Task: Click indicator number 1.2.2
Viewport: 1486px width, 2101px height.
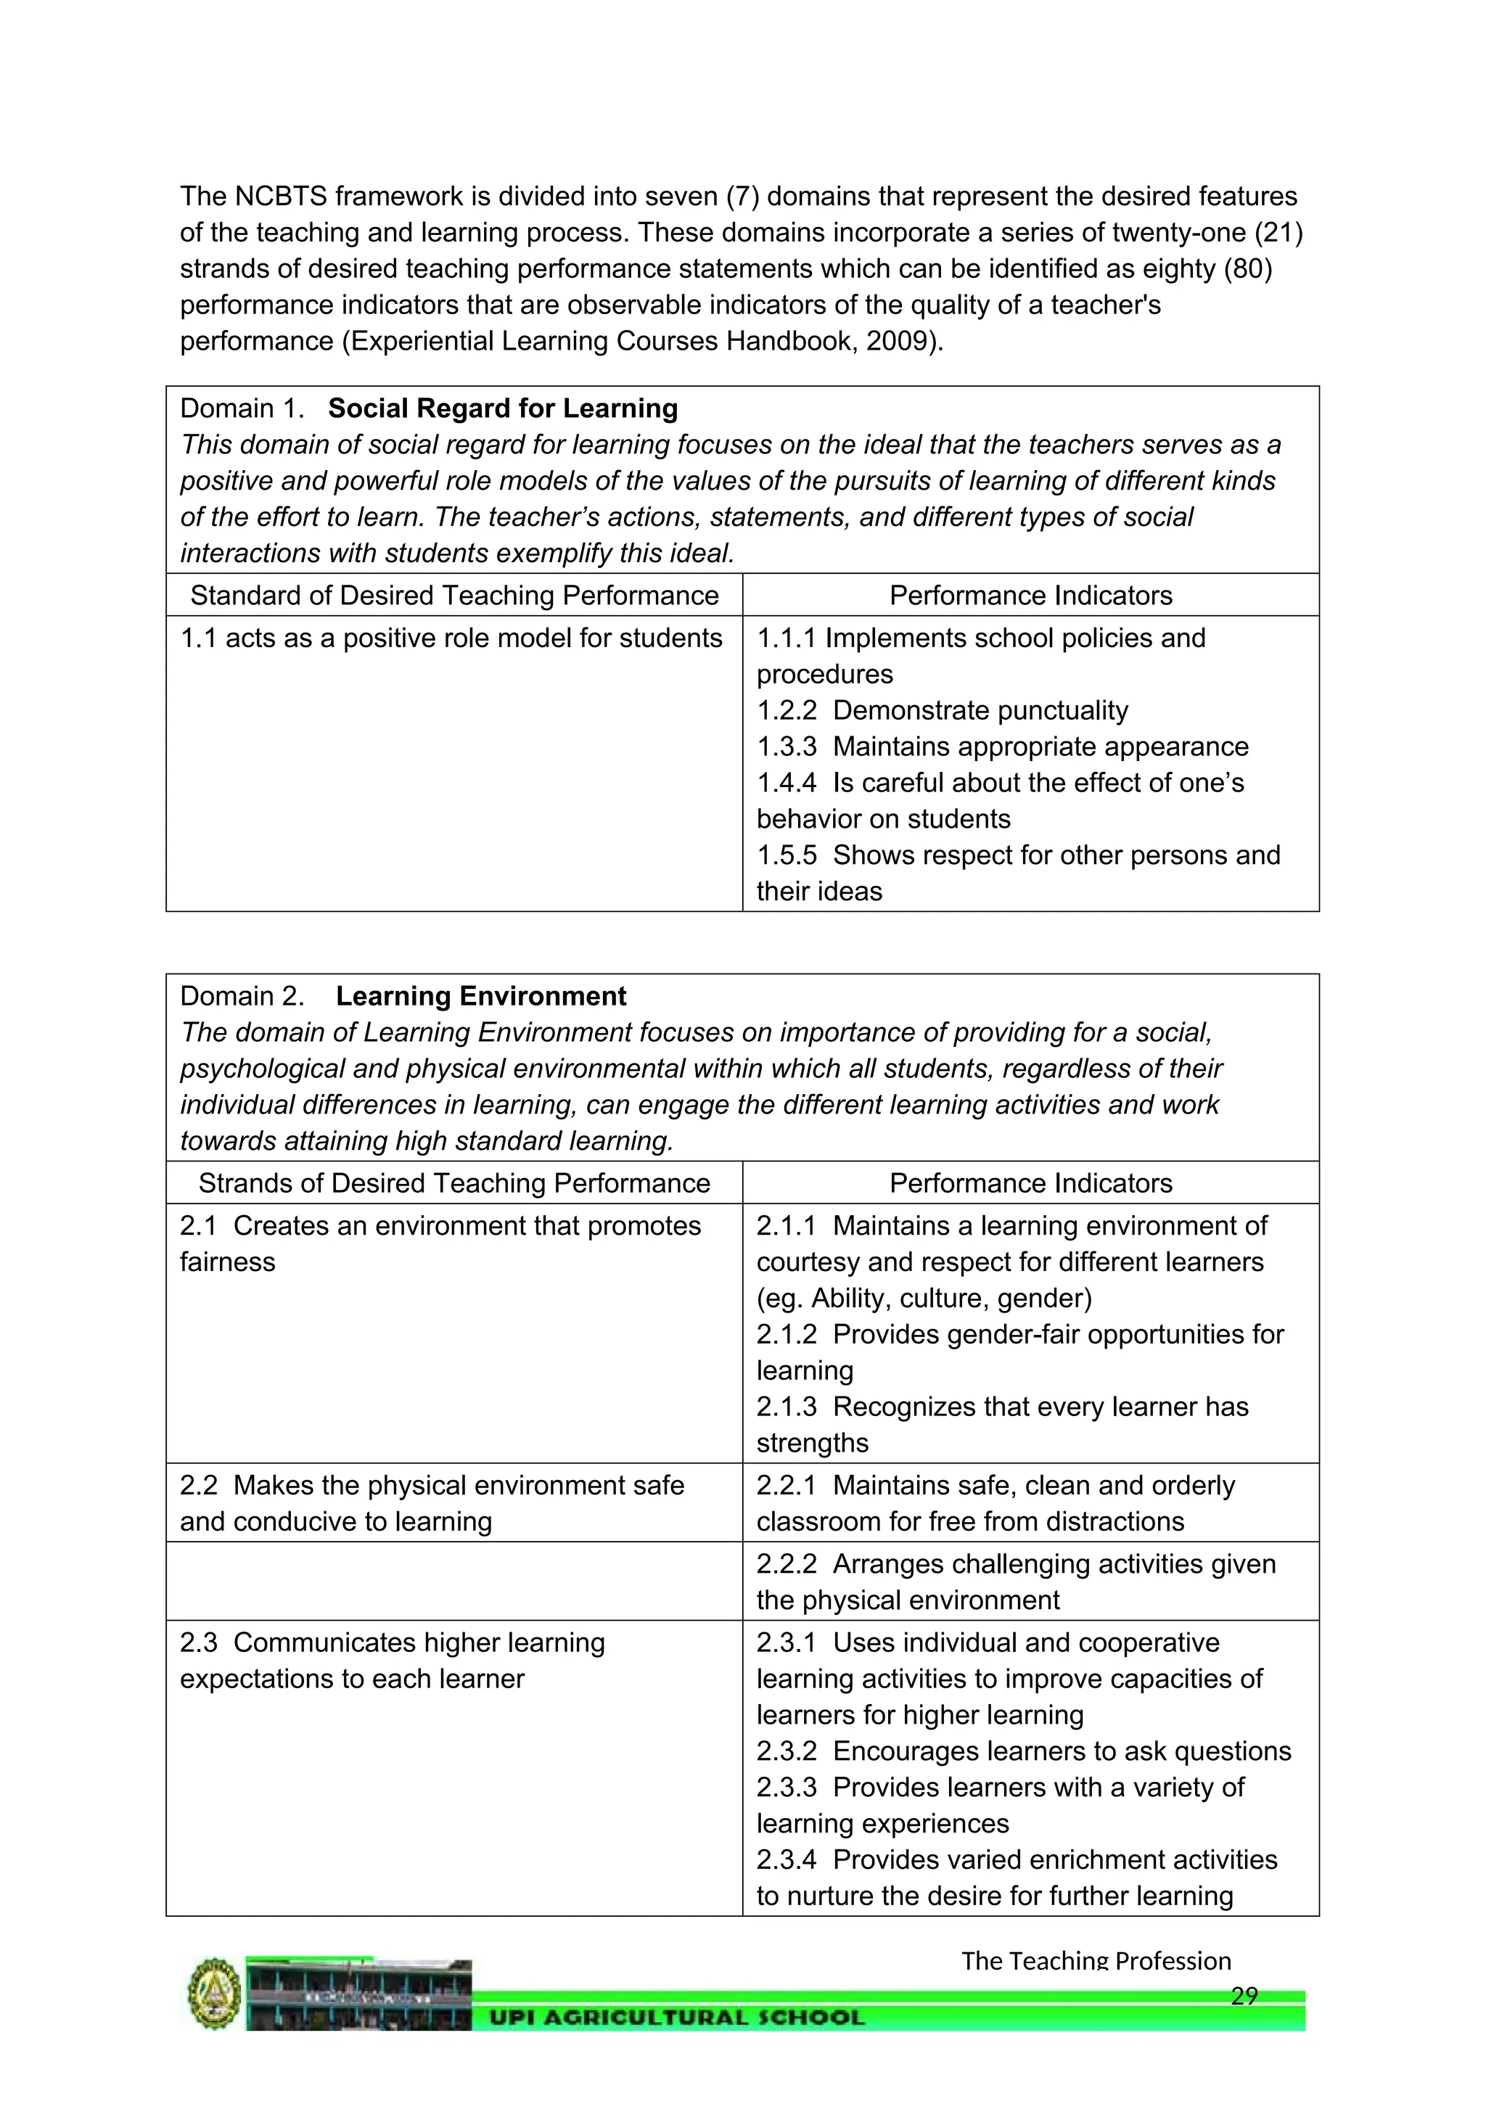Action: pos(786,710)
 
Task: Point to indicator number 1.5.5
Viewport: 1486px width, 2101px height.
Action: pos(786,855)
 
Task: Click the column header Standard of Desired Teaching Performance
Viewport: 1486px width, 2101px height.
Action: pos(453,596)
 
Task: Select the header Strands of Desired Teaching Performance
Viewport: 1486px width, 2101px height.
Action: pos(453,1183)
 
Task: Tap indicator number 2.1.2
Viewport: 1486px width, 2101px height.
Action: pos(786,1334)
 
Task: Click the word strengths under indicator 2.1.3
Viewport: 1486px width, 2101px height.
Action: pos(812,1443)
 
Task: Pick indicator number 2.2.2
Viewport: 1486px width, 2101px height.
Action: pos(786,1564)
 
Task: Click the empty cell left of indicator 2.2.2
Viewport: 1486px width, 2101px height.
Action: pos(453,1582)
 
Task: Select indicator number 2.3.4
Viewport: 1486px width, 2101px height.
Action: pos(786,1859)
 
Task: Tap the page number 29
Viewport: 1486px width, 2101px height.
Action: pos(1244,1996)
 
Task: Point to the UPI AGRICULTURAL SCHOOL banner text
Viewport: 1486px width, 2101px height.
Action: pos(677,2018)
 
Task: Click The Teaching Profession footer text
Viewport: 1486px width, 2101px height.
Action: pos(1096,1960)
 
